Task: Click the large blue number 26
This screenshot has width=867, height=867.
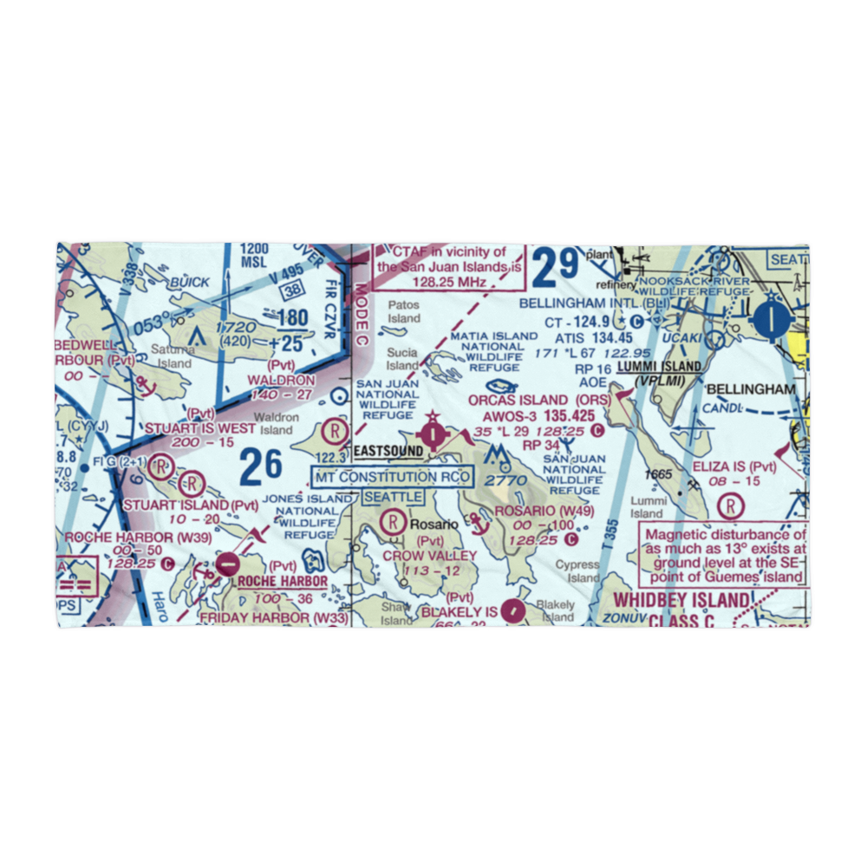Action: [x=261, y=466]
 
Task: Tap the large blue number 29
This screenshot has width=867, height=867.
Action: [x=556, y=268]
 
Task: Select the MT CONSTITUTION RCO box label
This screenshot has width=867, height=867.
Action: [x=393, y=477]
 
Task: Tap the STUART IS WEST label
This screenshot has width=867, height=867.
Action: [x=200, y=428]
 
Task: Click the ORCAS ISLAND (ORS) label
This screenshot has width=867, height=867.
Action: [x=538, y=401]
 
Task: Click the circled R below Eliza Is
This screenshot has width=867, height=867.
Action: [x=733, y=505]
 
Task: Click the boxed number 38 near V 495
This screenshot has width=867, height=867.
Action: [x=295, y=291]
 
